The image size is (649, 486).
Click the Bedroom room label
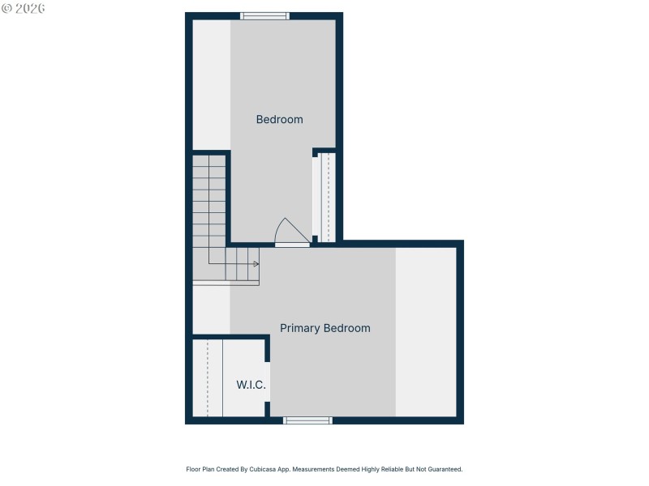(x=279, y=119)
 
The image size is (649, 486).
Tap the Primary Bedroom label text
(x=324, y=328)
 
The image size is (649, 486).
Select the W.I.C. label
(x=251, y=385)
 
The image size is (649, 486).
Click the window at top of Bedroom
(x=264, y=15)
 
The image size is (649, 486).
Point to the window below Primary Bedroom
(x=307, y=420)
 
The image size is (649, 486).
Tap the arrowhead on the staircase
(x=256, y=264)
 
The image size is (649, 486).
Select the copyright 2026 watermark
(x=23, y=8)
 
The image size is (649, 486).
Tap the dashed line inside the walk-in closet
(x=208, y=378)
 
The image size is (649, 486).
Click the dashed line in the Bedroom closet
(x=328, y=197)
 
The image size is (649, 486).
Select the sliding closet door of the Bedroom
(x=316, y=197)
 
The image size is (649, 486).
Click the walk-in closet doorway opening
(x=268, y=381)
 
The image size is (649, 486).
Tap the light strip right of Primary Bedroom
(x=426, y=332)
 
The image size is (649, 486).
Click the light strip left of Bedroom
(x=211, y=84)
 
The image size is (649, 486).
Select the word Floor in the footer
(x=194, y=469)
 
